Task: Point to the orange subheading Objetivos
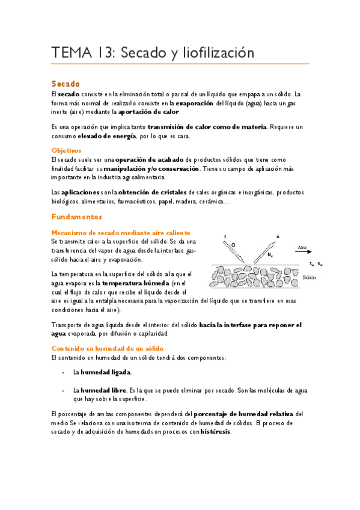(x=66, y=150)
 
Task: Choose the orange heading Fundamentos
(x=77, y=216)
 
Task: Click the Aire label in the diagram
(x=304, y=247)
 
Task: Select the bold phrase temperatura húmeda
(x=136, y=283)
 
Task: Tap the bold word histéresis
(x=216, y=431)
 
